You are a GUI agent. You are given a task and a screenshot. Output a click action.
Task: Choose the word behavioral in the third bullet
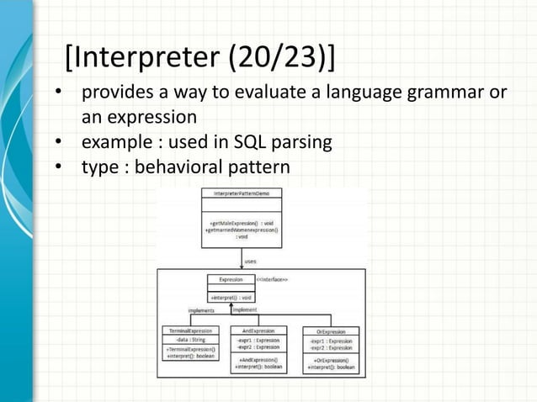(x=181, y=167)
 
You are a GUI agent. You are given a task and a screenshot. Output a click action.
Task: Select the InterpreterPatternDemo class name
(x=242, y=193)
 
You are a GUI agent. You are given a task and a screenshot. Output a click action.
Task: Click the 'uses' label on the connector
(x=250, y=261)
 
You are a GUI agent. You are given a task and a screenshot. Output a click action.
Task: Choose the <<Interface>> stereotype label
(x=272, y=278)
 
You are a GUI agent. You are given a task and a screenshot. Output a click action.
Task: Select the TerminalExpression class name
(x=189, y=331)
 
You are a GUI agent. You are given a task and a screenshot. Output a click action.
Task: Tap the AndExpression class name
(x=258, y=331)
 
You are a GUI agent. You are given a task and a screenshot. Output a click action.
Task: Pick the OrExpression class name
(x=331, y=331)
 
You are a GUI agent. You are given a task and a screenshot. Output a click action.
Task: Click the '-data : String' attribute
(x=189, y=339)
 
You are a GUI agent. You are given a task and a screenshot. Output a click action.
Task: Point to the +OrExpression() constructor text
(x=331, y=361)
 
